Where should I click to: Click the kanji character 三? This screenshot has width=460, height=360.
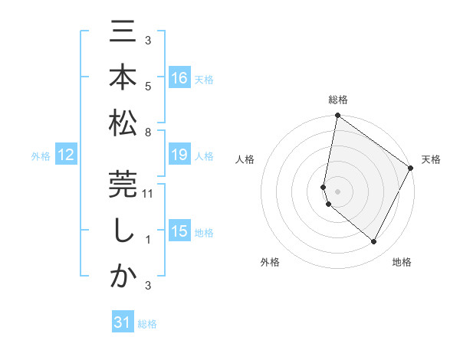point(123,34)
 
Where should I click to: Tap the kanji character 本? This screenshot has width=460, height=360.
point(123,78)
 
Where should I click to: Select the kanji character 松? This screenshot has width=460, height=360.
point(123,122)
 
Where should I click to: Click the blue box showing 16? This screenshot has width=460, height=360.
point(179,77)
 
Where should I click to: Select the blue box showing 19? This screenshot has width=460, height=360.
point(179,155)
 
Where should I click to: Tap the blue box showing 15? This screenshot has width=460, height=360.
point(179,231)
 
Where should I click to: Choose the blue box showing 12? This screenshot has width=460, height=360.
point(65,155)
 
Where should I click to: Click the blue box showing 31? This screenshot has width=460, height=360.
point(123,323)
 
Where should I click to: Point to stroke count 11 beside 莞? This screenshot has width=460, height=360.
point(149,195)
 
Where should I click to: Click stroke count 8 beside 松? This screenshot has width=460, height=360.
point(148,133)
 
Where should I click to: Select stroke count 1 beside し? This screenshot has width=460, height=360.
point(148,241)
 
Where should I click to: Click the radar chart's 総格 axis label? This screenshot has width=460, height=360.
point(338,100)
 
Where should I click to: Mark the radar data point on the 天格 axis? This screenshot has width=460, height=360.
point(411,169)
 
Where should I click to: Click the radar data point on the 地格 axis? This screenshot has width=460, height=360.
point(374,242)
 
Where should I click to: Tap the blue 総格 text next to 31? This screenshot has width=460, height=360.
point(147,324)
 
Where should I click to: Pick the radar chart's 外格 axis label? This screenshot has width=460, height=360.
point(270,263)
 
